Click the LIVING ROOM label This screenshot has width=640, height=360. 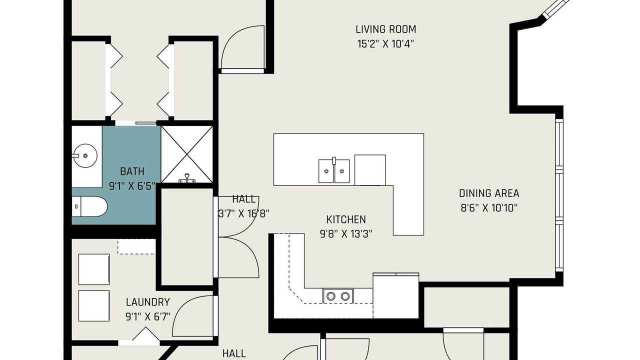tap(385, 29)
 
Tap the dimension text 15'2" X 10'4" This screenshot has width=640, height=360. tap(385, 44)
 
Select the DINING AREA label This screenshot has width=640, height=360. tap(489, 193)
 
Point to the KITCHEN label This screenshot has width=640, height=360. tap(346, 219)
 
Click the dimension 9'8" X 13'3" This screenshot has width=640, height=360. tap(346, 234)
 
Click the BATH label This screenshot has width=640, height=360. tap(132, 171)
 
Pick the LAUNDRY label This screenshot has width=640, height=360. tap(147, 302)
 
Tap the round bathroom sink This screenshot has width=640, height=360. tap(85, 155)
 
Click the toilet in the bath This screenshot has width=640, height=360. tap(89, 206)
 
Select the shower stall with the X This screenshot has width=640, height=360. tap(187, 154)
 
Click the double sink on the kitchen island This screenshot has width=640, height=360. tap(334, 171)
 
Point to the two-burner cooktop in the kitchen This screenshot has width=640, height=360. tap(338, 296)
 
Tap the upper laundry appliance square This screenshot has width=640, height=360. tap(94, 269)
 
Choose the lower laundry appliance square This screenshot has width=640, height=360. tap(94, 306)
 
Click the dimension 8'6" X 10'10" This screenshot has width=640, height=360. tap(489, 208)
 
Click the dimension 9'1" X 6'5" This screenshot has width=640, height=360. tap(132, 186)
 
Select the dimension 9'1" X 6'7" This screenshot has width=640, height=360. tap(147, 316)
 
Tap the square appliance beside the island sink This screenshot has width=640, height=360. tap(370, 170)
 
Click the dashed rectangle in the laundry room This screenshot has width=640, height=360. tap(136, 247)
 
